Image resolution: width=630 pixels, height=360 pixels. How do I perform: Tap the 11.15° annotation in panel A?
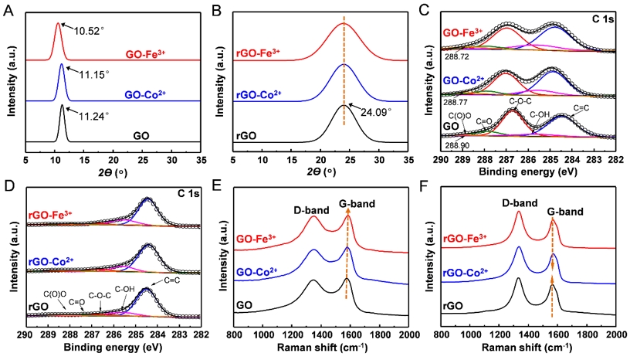[97, 74]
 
